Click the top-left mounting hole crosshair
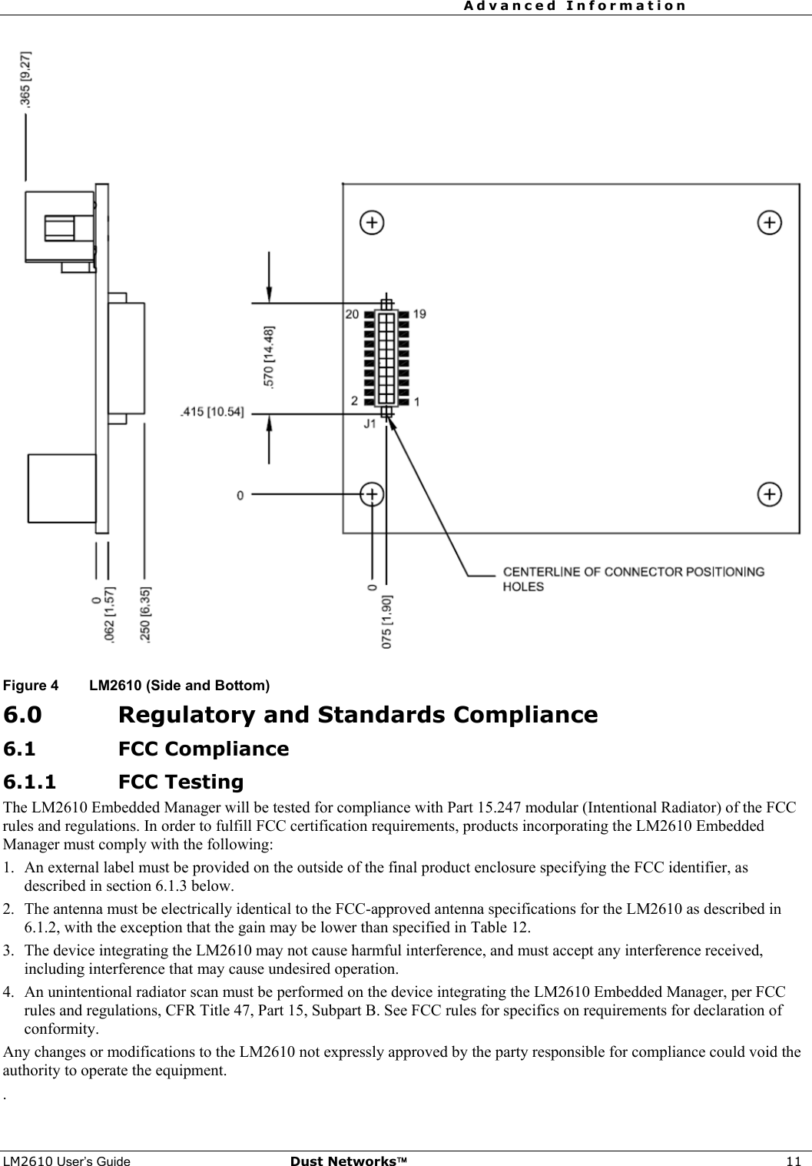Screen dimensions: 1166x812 [372, 223]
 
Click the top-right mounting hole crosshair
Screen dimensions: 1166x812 [770, 223]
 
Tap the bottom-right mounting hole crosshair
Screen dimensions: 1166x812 [770, 493]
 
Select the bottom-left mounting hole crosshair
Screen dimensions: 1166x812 [372, 493]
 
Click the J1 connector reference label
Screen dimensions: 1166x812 [370, 423]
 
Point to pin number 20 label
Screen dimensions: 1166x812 [352, 314]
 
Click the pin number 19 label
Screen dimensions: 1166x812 [419, 314]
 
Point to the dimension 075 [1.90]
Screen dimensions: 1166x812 [386, 621]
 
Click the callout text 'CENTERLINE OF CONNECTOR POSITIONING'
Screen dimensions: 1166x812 [633, 572]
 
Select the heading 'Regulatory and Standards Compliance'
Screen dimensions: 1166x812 [358, 715]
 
